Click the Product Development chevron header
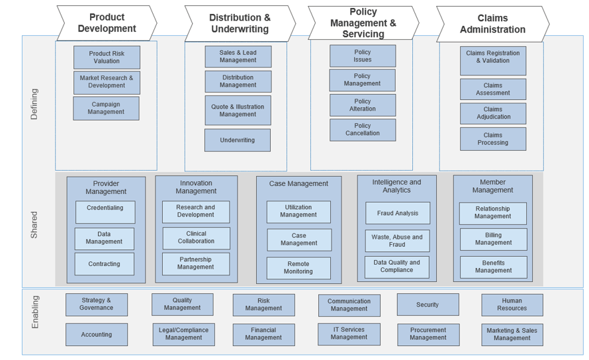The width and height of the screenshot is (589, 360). [x=107, y=23]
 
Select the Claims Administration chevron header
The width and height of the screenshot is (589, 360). [x=492, y=24]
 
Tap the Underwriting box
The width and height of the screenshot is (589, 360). [x=237, y=140]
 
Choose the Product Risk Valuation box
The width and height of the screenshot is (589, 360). [x=107, y=57]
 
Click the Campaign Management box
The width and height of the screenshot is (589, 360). [x=106, y=108]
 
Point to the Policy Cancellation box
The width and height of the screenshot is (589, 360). [x=362, y=129]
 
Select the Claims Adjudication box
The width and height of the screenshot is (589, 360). [x=493, y=113]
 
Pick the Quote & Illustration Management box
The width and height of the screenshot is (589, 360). [x=237, y=110]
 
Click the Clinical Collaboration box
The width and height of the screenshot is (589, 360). [x=196, y=238]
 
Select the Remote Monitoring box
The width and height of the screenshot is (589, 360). [x=298, y=267]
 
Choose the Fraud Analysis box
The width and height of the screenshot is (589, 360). [x=398, y=213]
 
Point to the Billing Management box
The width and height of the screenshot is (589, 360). [x=493, y=239]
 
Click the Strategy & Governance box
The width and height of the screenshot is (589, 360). [x=97, y=304]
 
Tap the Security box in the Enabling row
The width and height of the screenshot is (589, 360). [x=428, y=305]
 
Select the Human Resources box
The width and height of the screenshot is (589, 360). [x=512, y=305]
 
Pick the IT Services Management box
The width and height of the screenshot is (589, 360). [x=349, y=333]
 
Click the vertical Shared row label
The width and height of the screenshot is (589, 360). [x=35, y=225]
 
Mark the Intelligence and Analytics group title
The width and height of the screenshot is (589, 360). [x=396, y=186]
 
